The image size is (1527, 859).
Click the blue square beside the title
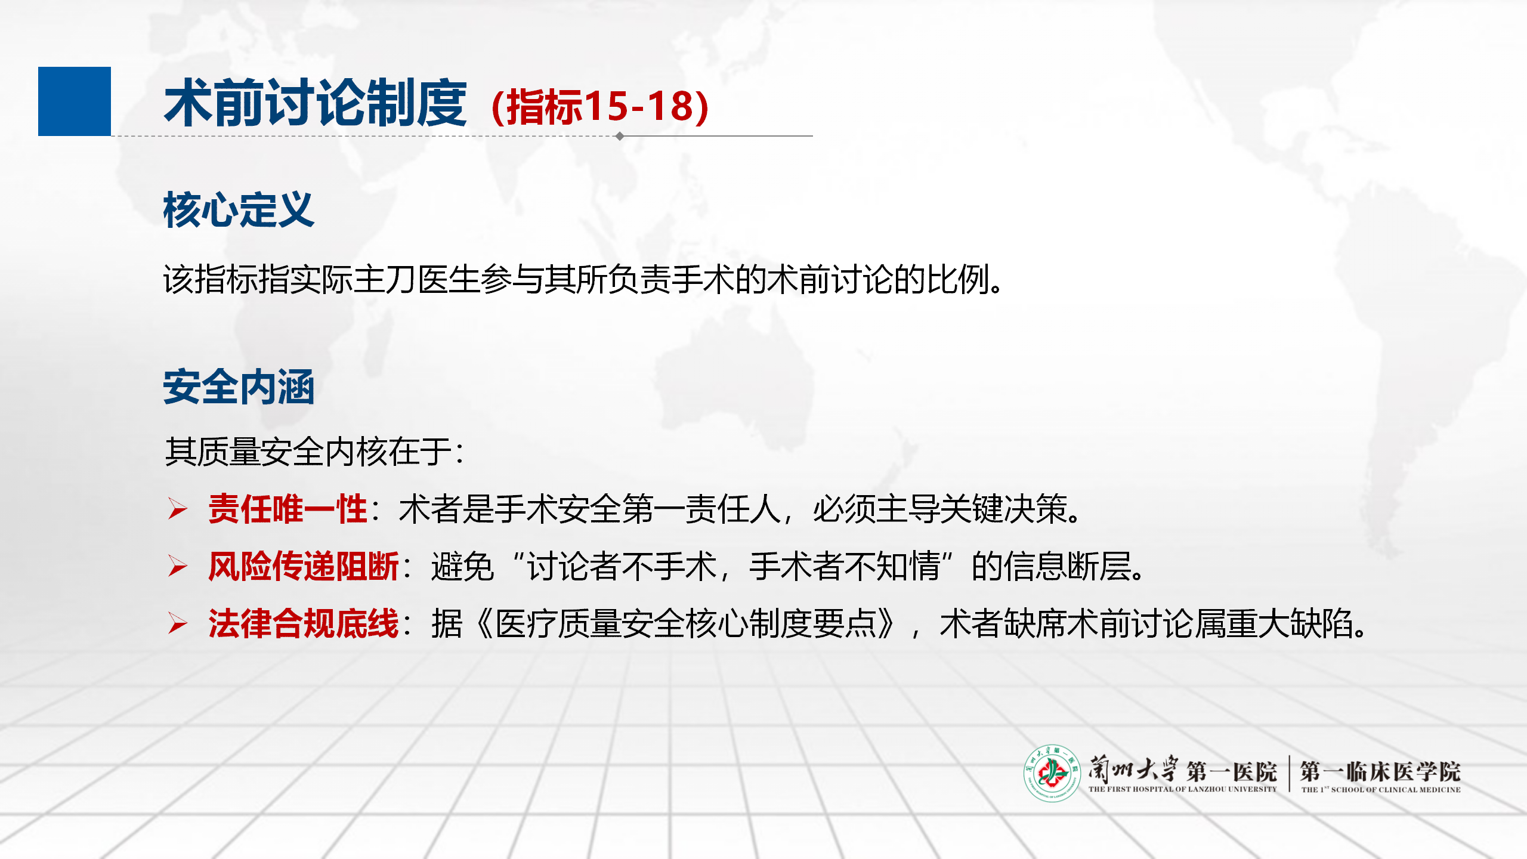click(75, 101)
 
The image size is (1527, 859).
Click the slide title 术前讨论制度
click(316, 104)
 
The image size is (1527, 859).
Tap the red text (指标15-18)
click(600, 107)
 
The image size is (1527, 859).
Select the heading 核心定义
click(239, 210)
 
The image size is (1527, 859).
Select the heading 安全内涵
click(239, 387)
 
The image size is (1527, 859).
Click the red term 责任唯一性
click(288, 509)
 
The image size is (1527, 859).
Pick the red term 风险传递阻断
click(304, 566)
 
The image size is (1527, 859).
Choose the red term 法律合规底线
click(304, 623)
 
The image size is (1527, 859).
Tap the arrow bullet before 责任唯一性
click(178, 509)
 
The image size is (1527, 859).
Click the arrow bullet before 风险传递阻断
click(178, 566)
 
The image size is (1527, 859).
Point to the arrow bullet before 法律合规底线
click(178, 623)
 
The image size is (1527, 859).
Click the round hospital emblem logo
click(1052, 773)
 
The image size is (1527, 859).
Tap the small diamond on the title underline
click(620, 136)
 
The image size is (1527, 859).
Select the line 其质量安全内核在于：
click(314, 452)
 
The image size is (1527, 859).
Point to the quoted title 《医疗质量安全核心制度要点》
click(687, 623)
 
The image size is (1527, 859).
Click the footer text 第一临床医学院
click(1380, 771)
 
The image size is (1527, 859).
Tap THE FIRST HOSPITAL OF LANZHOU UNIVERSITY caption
click(1182, 789)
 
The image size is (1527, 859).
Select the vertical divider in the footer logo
click(1289, 774)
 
